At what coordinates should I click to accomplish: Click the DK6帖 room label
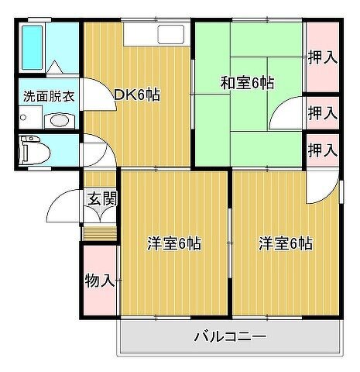(x=137, y=95)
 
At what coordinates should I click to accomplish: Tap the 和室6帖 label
(x=247, y=83)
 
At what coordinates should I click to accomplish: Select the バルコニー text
(x=230, y=337)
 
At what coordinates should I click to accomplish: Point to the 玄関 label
(x=102, y=198)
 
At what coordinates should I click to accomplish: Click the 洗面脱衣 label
(x=49, y=96)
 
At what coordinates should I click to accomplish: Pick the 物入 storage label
(x=100, y=281)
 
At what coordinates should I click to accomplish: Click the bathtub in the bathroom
(x=32, y=47)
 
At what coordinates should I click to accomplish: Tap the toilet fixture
(x=34, y=150)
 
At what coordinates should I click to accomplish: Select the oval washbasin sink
(x=59, y=120)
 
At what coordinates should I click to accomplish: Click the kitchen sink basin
(x=170, y=34)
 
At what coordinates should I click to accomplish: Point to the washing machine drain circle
(x=23, y=118)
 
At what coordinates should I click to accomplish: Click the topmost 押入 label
(x=323, y=57)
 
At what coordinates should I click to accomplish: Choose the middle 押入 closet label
(x=323, y=113)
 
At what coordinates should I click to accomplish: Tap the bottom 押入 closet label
(x=323, y=150)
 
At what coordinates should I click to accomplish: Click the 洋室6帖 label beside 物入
(x=174, y=243)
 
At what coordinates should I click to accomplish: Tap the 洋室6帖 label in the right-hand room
(x=286, y=243)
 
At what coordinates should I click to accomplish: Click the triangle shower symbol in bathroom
(x=55, y=67)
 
